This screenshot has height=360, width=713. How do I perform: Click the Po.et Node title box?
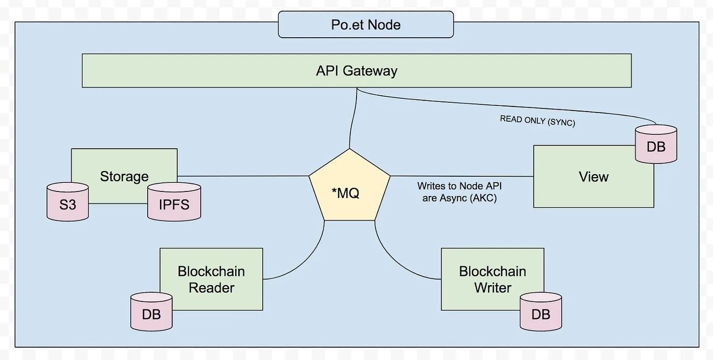point(366,25)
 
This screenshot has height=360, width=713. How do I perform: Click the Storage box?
point(124,165)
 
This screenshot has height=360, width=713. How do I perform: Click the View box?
point(593,183)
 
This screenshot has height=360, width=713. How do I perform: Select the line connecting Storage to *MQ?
point(243,176)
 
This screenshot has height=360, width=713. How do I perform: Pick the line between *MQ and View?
point(461,176)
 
